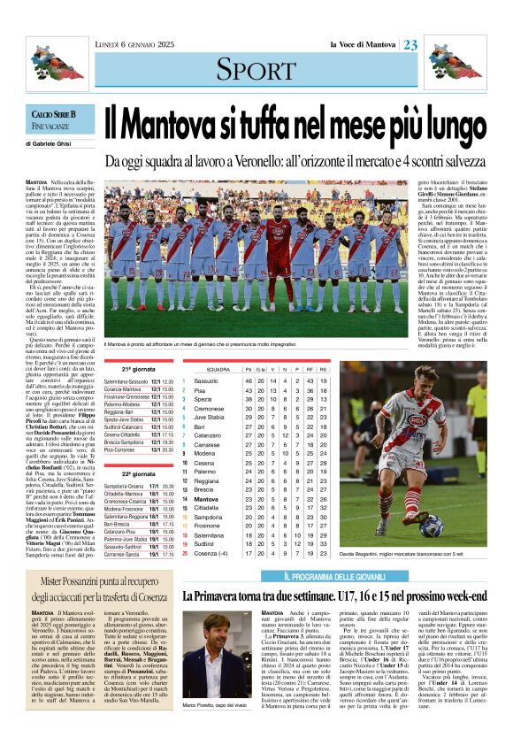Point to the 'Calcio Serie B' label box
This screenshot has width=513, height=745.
[55, 115]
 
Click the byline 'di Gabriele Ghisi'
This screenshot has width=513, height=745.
[51, 143]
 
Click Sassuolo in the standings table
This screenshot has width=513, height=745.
[206, 380]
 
